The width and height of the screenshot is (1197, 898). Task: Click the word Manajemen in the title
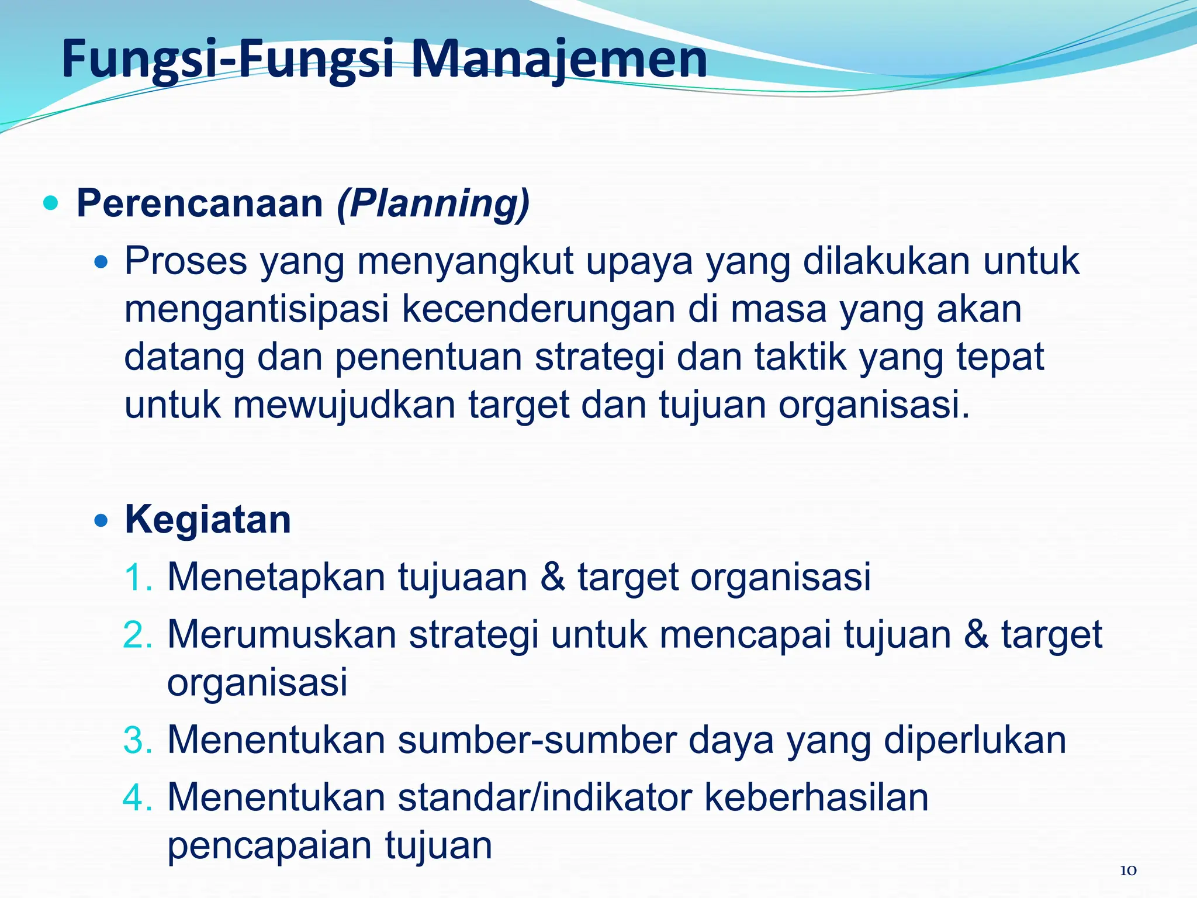click(559, 60)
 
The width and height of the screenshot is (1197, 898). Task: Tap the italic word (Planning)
click(433, 203)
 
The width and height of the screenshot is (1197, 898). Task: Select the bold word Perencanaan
click(200, 203)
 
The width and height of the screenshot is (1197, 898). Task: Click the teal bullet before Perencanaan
click(51, 203)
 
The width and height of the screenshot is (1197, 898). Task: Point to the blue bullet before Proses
click(101, 263)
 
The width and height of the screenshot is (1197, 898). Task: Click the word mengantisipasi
click(257, 310)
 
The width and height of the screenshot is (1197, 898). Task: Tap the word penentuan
click(428, 357)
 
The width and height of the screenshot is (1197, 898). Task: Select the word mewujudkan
click(344, 405)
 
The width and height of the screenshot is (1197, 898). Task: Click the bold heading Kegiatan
click(207, 520)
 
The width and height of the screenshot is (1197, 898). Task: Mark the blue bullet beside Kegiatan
click(101, 520)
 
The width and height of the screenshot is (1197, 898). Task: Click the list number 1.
click(138, 578)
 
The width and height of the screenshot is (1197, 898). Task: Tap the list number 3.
click(138, 740)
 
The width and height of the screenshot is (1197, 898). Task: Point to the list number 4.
click(138, 797)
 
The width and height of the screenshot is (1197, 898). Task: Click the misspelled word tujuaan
click(463, 578)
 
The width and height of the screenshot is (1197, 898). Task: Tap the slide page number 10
click(1128, 871)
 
